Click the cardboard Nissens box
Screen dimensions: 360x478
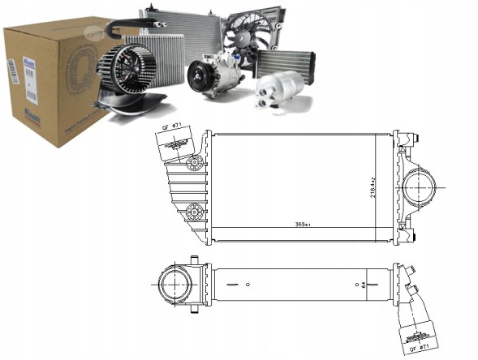pyautogui.click(x=49, y=81)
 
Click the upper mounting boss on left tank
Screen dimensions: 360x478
pyautogui.click(x=194, y=165)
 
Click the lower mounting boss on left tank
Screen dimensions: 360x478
pyautogui.click(x=193, y=212)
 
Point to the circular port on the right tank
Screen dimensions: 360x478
pyautogui.click(x=419, y=187)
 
